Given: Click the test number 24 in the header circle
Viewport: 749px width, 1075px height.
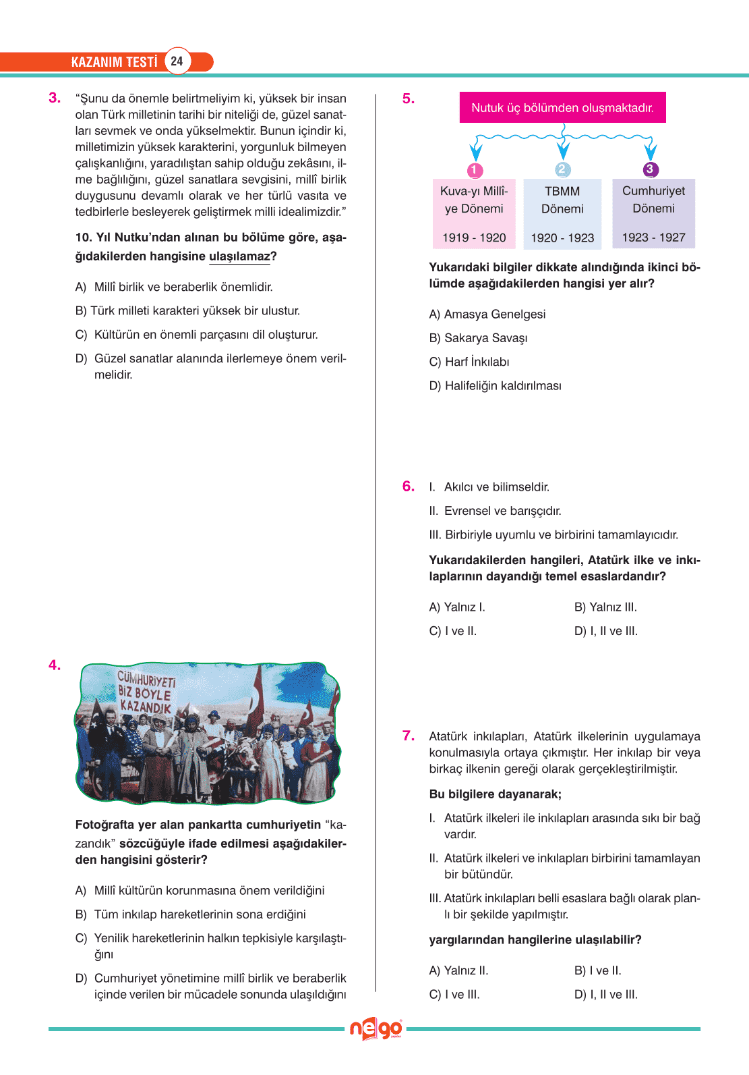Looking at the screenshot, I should coord(177,61).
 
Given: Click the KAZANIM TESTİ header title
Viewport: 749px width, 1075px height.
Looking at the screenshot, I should coord(114,62).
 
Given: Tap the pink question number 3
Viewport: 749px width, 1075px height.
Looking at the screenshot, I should coord(54,98).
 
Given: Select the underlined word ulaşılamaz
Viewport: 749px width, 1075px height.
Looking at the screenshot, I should coord(239,256).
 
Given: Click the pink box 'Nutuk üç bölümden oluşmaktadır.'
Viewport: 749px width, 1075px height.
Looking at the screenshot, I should coord(562,108).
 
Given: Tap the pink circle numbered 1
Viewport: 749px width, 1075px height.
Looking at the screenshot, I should coord(475,170).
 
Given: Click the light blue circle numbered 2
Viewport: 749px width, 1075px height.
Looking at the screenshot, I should coord(563,169).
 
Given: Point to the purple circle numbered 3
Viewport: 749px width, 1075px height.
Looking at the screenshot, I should coord(650,169).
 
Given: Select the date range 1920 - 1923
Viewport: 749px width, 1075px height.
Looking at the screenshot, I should coord(562,238).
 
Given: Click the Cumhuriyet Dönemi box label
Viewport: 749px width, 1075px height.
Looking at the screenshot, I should coord(653,200).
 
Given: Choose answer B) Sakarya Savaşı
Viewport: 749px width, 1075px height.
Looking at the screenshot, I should coord(478,338).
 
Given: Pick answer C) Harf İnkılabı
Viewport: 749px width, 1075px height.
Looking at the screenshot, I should coord(469,362).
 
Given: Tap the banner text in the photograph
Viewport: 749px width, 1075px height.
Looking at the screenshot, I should coord(146,692).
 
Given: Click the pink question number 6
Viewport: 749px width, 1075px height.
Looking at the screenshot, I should coord(408,487).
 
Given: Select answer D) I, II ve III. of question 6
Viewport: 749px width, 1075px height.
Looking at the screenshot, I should coord(605,632).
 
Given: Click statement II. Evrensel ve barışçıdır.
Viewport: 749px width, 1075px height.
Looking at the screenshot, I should coord(495,511).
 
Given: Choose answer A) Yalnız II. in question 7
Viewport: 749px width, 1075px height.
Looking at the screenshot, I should coord(458,970).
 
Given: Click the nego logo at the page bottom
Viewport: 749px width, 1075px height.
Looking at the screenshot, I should coord(376,1029).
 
